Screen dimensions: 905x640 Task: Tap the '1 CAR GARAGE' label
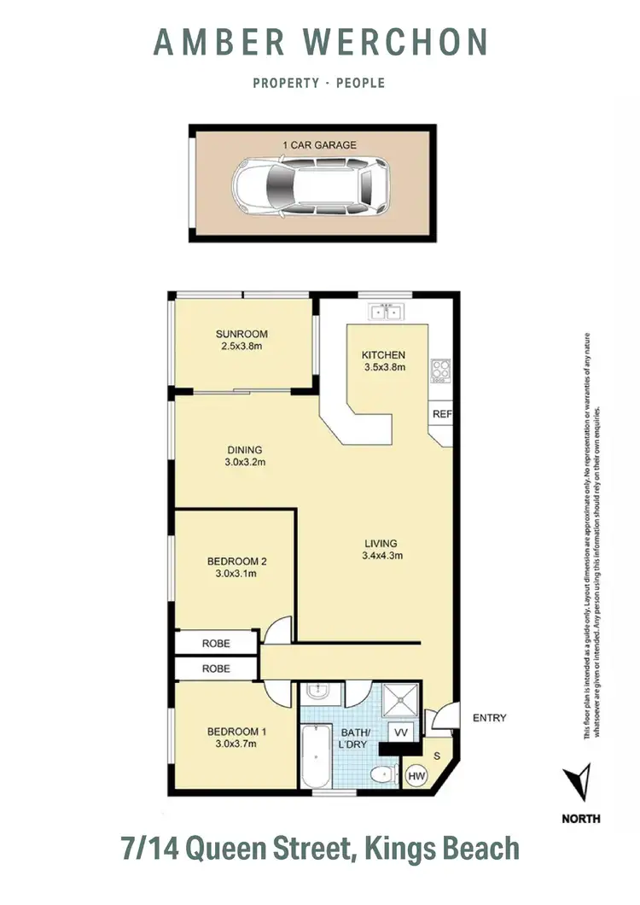tap(319, 146)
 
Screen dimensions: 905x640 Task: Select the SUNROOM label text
tap(241, 334)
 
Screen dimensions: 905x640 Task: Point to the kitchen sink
tap(385, 311)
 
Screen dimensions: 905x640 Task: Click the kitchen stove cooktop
tap(441, 370)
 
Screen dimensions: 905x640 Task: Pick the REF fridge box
tap(441, 414)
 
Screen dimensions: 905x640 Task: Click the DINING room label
tap(244, 450)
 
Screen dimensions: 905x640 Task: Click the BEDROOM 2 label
tap(237, 561)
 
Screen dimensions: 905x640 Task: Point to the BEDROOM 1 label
tap(237, 732)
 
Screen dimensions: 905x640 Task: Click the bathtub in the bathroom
tap(315, 756)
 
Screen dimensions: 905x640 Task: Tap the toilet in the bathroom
tap(381, 774)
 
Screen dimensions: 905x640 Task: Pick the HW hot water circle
tap(416, 776)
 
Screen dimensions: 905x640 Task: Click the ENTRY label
tap(489, 718)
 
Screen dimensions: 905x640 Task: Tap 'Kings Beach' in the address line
tap(441, 849)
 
